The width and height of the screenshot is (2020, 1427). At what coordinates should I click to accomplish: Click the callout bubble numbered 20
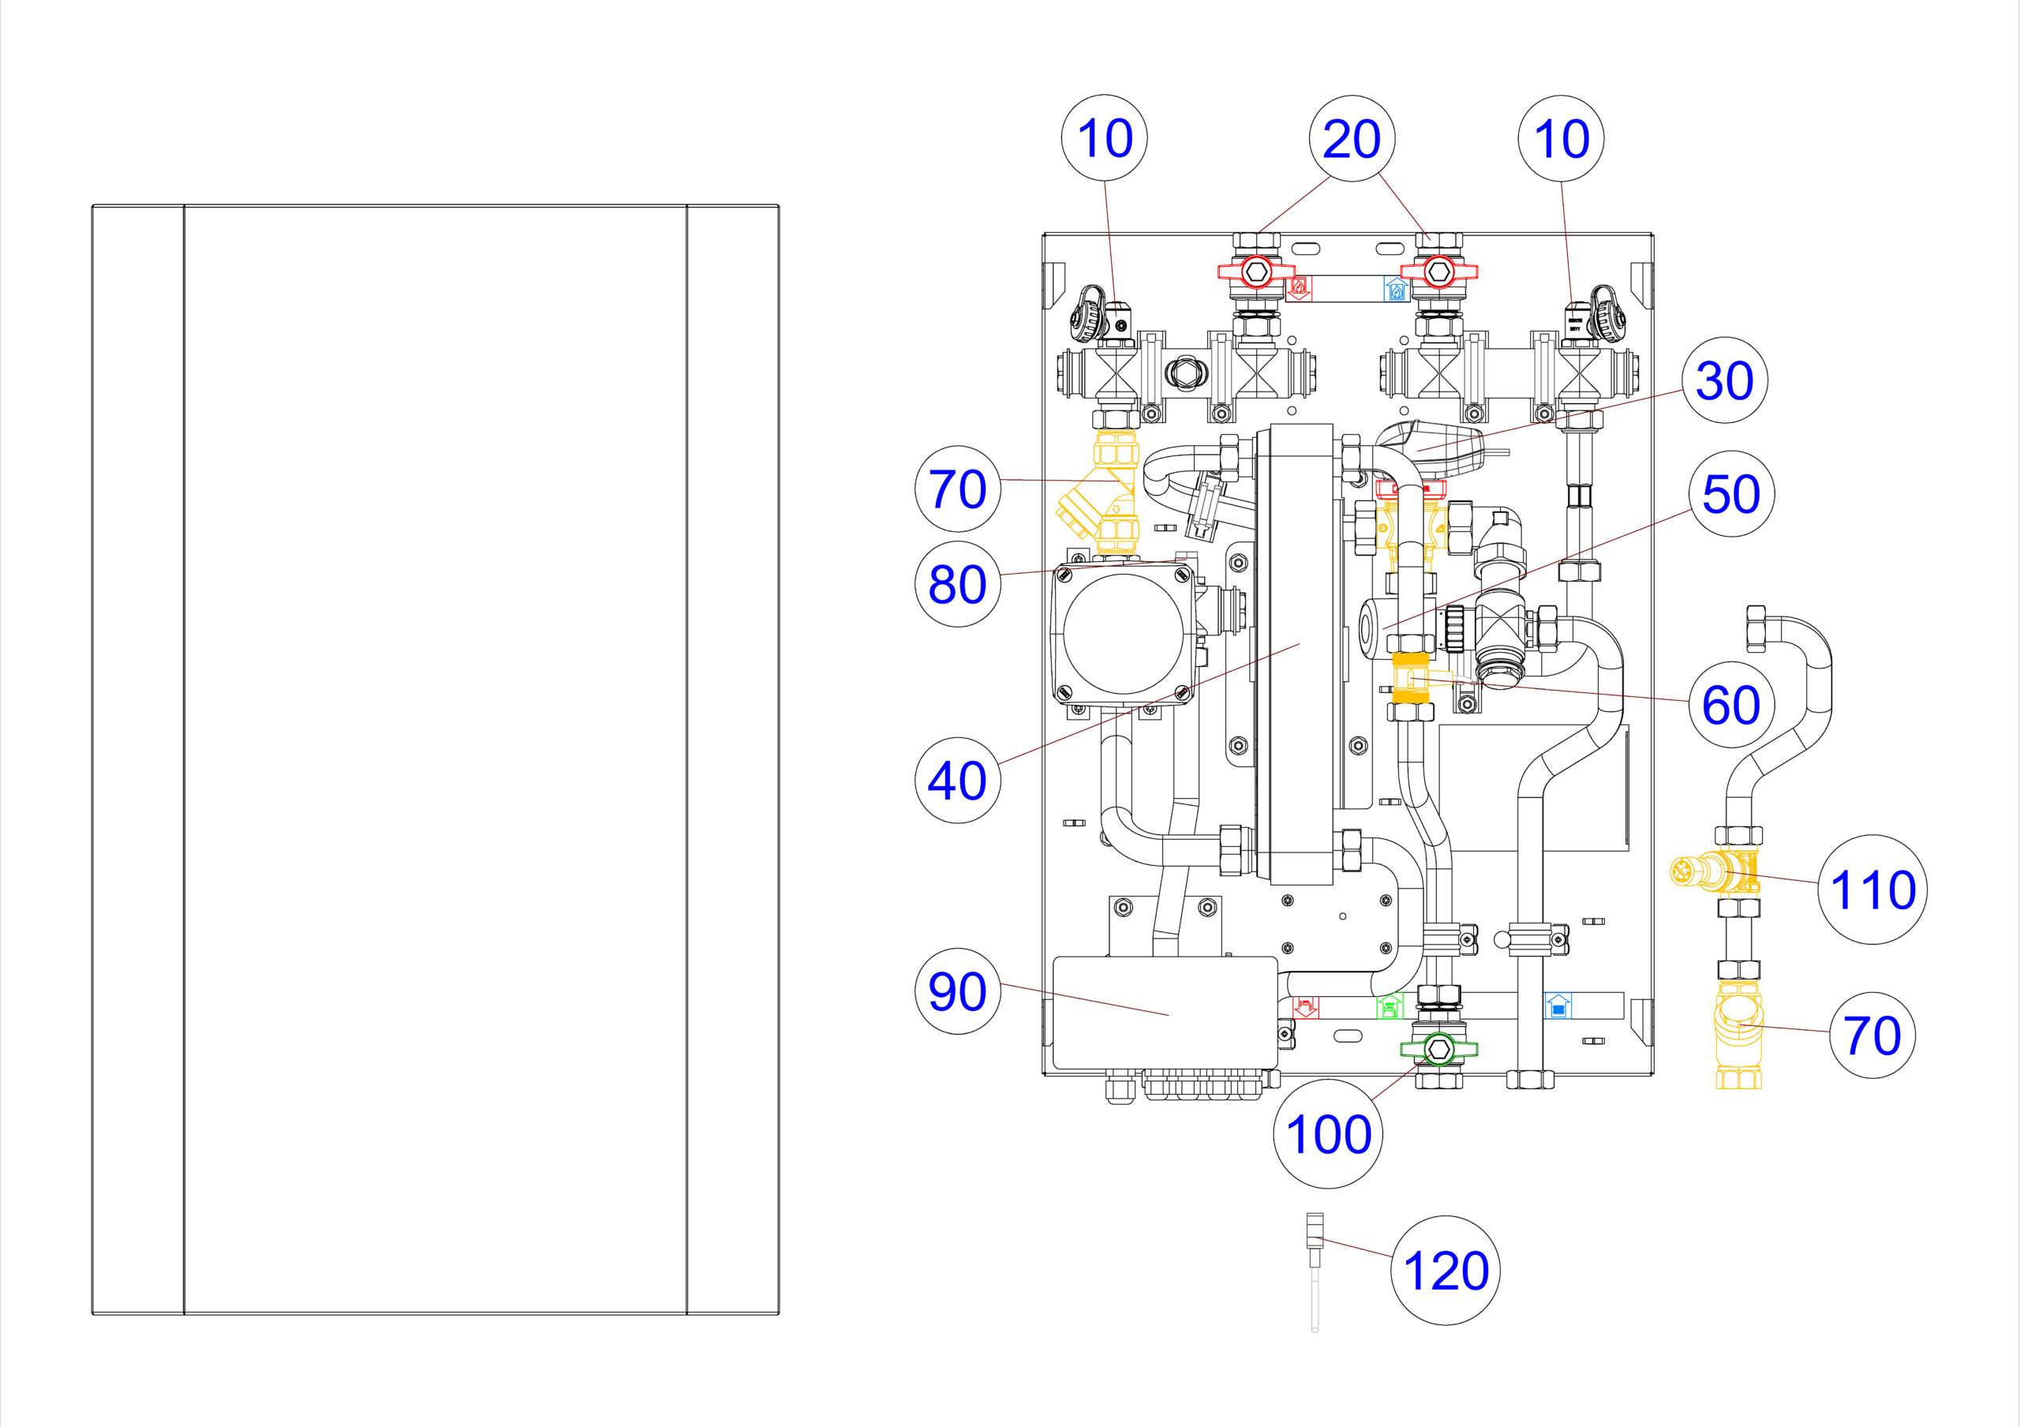(x=1352, y=139)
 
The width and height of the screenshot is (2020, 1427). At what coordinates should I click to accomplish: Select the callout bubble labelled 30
(x=1724, y=380)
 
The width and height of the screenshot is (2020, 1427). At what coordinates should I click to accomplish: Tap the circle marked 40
(x=958, y=781)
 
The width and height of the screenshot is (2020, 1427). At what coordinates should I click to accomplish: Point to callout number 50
(x=1731, y=493)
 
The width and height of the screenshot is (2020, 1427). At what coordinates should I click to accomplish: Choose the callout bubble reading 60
(x=1731, y=705)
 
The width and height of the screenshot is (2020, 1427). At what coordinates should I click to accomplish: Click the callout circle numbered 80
(x=958, y=584)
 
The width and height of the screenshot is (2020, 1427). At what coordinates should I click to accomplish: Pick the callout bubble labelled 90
(x=958, y=991)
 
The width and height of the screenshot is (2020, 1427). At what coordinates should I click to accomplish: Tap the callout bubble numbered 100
(x=1329, y=1134)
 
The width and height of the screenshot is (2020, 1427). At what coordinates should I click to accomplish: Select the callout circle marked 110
(x=1873, y=890)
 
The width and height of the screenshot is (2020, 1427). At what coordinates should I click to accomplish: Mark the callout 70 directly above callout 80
(x=958, y=489)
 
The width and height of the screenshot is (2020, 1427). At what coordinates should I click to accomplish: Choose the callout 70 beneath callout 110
(x=1872, y=1036)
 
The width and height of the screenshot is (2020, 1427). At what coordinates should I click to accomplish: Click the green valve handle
(x=1438, y=1049)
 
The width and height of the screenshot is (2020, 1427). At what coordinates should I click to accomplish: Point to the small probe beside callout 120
(x=1315, y=1272)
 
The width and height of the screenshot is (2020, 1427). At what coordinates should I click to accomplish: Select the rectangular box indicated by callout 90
(x=1165, y=1013)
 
